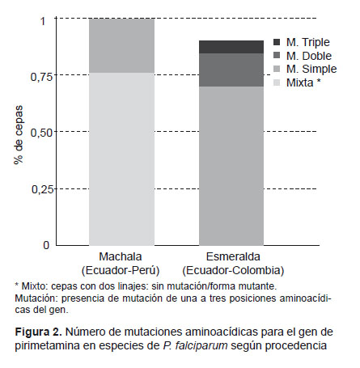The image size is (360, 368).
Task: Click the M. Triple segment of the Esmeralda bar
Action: [231, 47]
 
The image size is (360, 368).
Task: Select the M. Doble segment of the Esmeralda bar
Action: [231, 70]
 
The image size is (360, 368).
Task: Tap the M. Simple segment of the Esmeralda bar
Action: [231, 166]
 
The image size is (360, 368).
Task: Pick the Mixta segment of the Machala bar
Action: [122, 159]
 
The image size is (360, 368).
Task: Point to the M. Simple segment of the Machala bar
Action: [122, 45]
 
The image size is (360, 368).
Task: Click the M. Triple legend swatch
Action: [277, 42]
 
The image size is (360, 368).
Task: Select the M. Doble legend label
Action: [309, 56]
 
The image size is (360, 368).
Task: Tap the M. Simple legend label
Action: [311, 69]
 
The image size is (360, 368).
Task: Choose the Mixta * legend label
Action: [303, 82]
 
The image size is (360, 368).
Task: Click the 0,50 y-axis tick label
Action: [42, 133]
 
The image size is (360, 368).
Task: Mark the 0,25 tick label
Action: [42, 189]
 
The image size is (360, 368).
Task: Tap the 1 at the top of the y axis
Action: [44, 21]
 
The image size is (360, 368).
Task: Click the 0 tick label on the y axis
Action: [46, 245]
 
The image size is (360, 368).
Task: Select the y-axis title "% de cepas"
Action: [19, 135]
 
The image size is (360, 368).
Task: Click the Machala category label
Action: [121, 256]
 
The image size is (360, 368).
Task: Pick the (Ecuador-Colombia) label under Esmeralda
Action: [233, 270]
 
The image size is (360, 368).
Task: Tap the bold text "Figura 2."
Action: [38, 332]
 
